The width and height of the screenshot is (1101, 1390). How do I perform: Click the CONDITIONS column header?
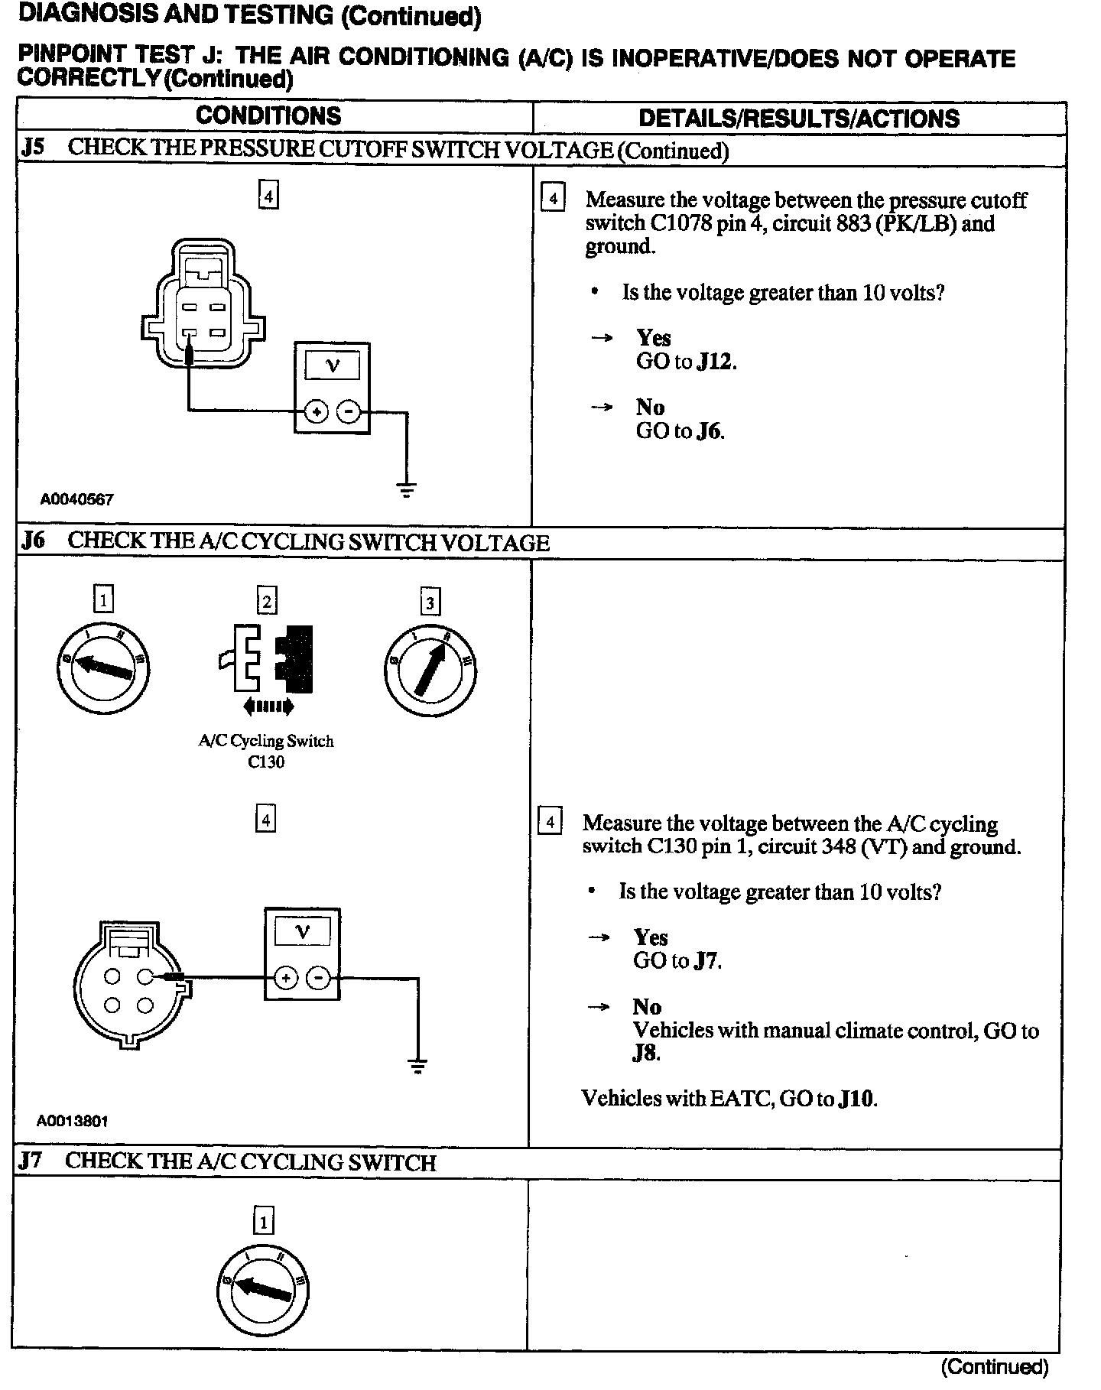point(268,116)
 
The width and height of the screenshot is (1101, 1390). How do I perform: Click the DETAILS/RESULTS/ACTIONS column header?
point(798,119)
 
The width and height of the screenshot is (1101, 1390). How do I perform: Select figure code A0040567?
point(76,499)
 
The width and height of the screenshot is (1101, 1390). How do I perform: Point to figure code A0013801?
point(73,1121)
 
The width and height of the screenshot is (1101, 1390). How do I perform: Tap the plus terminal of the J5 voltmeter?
point(315,413)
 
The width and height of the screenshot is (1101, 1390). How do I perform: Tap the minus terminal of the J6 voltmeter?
point(319,978)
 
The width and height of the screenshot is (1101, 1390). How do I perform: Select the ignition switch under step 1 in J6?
point(103,668)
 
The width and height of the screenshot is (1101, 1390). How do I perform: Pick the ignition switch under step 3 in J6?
point(430,671)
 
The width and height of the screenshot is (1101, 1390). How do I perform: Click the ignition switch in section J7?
point(263,1291)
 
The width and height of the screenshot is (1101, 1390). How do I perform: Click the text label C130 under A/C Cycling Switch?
point(266,762)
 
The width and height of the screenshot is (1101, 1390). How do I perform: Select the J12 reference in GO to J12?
point(716,362)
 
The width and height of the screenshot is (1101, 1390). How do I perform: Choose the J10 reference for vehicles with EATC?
point(856,1099)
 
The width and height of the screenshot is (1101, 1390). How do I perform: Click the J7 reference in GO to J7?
point(706,961)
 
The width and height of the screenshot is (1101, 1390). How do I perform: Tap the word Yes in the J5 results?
point(654,338)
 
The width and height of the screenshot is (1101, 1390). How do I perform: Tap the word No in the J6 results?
point(647,1007)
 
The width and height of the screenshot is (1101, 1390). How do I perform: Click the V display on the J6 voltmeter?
point(303,932)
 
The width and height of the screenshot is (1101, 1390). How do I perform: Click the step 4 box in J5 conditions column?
point(268,195)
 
